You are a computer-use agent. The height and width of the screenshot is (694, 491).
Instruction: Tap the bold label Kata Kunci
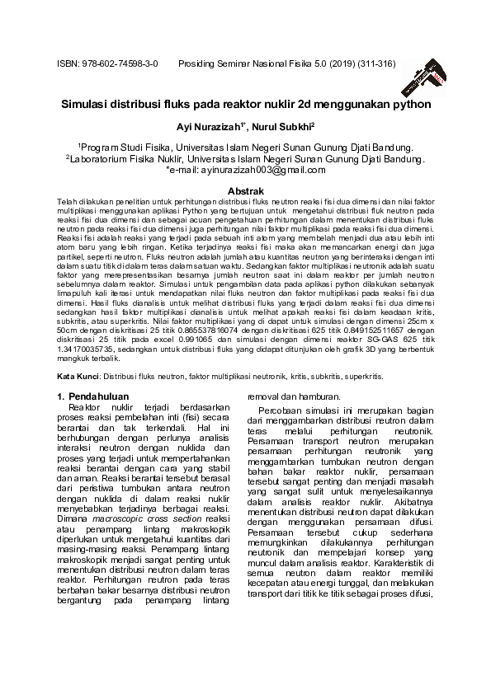coord(77,376)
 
